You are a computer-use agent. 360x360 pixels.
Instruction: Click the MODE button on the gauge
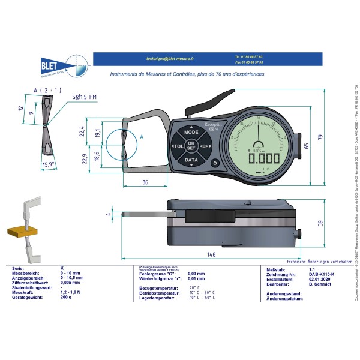coord(191,131)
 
